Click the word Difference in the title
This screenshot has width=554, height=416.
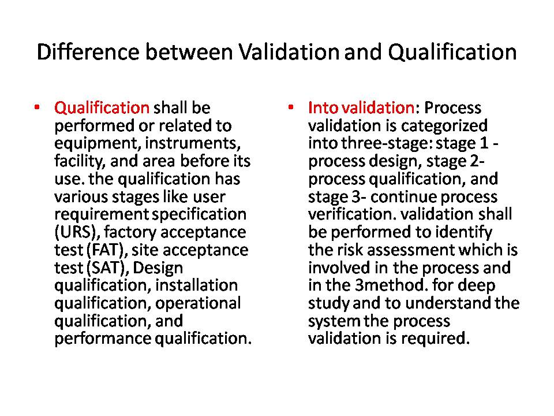pyautogui.click(x=88, y=52)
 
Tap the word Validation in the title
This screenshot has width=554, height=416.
pyautogui.click(x=289, y=52)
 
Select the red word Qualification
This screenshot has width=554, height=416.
pyautogui.click(x=102, y=107)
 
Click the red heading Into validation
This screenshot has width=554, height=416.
pyautogui.click(x=361, y=107)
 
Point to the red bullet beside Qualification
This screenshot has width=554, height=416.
pyautogui.click(x=37, y=106)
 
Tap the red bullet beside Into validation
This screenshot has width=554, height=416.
pyautogui.click(x=290, y=106)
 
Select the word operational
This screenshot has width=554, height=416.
pyautogui.click(x=198, y=303)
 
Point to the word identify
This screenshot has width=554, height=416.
pyautogui.click(x=463, y=232)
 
